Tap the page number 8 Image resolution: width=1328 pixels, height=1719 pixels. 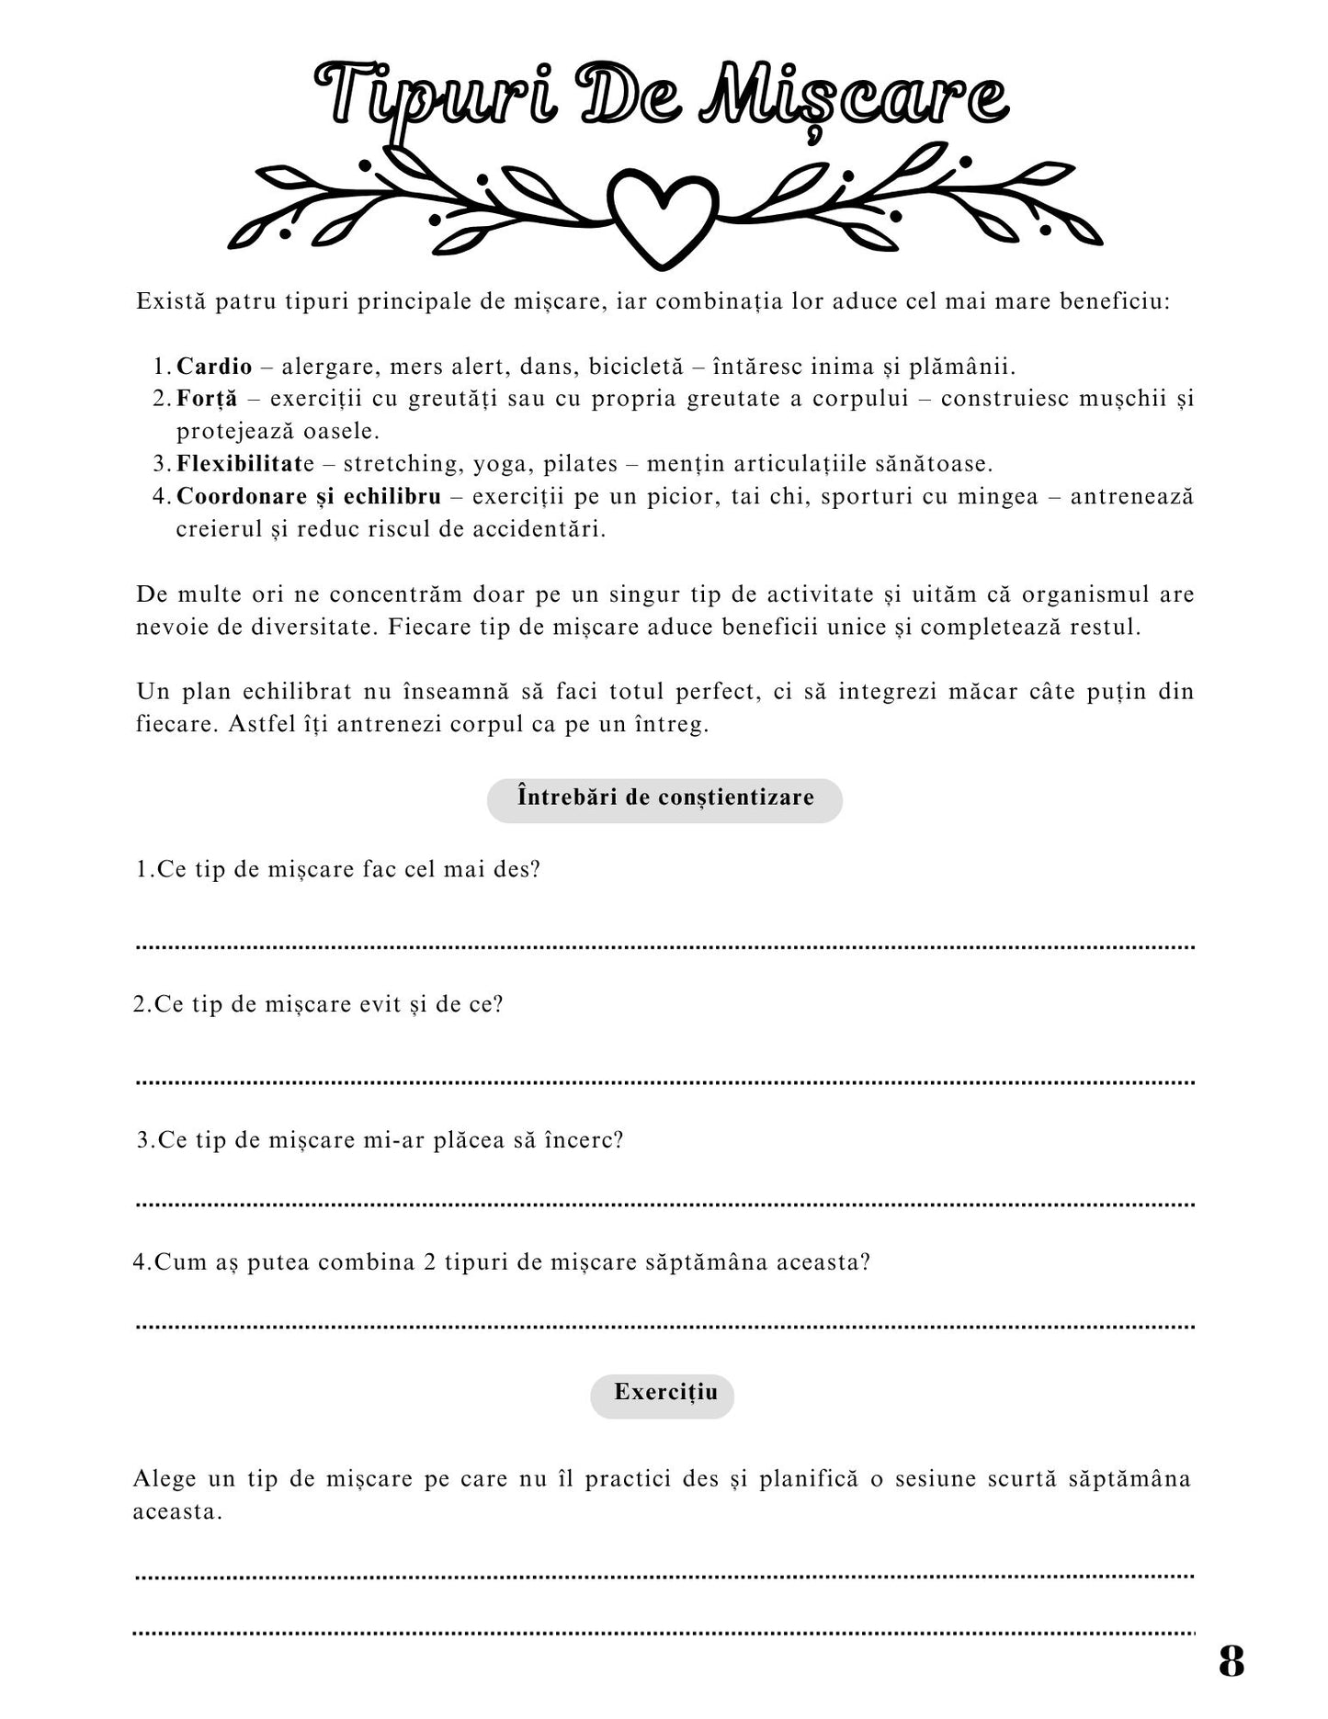pyautogui.click(x=1232, y=1660)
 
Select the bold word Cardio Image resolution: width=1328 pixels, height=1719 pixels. pyautogui.click(x=214, y=367)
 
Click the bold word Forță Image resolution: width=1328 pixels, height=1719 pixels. pyautogui.click(x=207, y=399)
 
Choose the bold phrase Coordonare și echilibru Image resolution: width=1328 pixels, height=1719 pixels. pyautogui.click(x=308, y=497)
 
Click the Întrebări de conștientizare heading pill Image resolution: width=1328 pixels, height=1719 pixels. pyautogui.click(x=664, y=797)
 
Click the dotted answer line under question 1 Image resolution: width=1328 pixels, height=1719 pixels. pyautogui.click(x=664, y=946)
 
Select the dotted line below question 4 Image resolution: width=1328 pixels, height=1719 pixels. pyautogui.click(x=664, y=1327)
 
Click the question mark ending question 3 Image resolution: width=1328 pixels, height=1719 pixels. pyautogui.click(x=619, y=1140)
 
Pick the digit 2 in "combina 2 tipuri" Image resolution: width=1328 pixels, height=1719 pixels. pyautogui.click(x=430, y=1262)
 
